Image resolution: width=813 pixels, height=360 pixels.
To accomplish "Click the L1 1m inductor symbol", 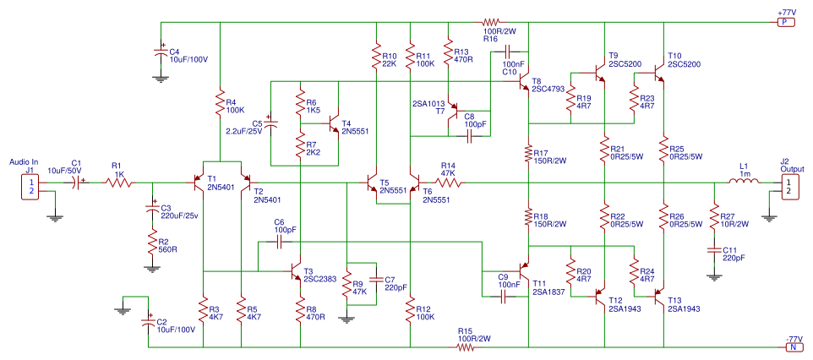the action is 744,181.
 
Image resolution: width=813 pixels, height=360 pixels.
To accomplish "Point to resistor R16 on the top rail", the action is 490,22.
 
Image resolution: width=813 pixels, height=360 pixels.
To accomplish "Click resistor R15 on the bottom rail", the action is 465,347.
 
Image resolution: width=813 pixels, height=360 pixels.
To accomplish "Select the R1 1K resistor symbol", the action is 118,183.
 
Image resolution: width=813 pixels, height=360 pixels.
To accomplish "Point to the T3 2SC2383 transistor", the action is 295,271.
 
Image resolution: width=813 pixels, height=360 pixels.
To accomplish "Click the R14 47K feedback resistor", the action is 448,183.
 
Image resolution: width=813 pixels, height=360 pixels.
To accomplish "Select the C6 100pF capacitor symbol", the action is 281,243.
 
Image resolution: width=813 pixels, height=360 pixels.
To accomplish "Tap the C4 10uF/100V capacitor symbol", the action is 161,53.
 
